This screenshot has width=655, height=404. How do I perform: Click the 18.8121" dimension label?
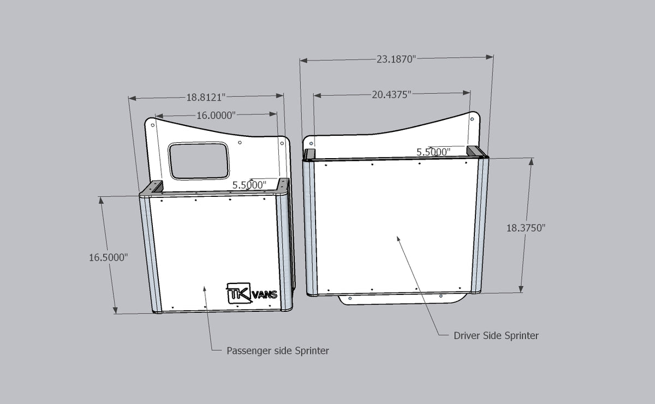pyautogui.click(x=206, y=98)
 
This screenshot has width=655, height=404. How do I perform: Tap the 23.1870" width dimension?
pyautogui.click(x=396, y=59)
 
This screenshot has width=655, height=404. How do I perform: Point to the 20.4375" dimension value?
pyautogui.click(x=391, y=94)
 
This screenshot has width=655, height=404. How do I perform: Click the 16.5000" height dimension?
pyautogui.click(x=108, y=257)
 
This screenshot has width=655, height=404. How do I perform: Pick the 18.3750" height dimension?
pyautogui.click(x=526, y=228)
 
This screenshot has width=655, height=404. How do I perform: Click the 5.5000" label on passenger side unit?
pyautogui.click(x=249, y=185)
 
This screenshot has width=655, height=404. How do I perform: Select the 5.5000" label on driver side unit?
pyautogui.click(x=433, y=152)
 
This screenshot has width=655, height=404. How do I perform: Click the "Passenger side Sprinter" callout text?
pyautogui.click(x=278, y=351)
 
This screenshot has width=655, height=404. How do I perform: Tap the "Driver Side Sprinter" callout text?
pyautogui.click(x=496, y=335)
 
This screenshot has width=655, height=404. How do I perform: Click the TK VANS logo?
pyautogui.click(x=252, y=293)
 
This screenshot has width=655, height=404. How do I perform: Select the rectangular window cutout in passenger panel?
pyautogui.click(x=199, y=161)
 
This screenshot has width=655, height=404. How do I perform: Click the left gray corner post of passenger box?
pyautogui.click(x=149, y=254)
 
